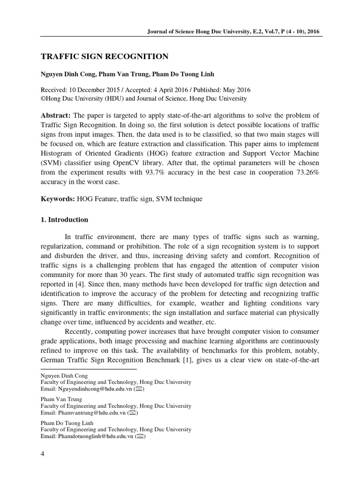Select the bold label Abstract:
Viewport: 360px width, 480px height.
pyautogui.click(x=56, y=116)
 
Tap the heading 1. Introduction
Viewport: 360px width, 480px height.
pyautogui.click(x=64, y=219)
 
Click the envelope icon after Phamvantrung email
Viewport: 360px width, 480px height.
pyautogui.click(x=133, y=413)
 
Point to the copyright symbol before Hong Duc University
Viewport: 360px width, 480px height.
pyautogui.click(x=43, y=98)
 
